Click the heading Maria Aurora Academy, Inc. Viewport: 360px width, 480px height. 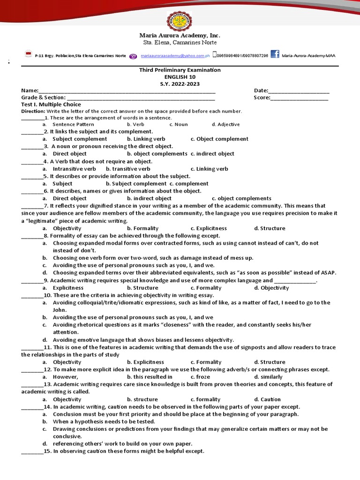tap(180, 36)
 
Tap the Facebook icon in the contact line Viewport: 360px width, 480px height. tap(275, 54)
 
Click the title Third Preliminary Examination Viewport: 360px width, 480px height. tap(180, 70)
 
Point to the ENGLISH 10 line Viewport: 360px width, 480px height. tap(180, 77)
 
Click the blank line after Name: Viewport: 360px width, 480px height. tap(127, 91)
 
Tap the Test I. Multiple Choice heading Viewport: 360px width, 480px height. tap(51, 105)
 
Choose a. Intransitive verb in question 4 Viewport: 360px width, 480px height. tap(74, 169)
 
